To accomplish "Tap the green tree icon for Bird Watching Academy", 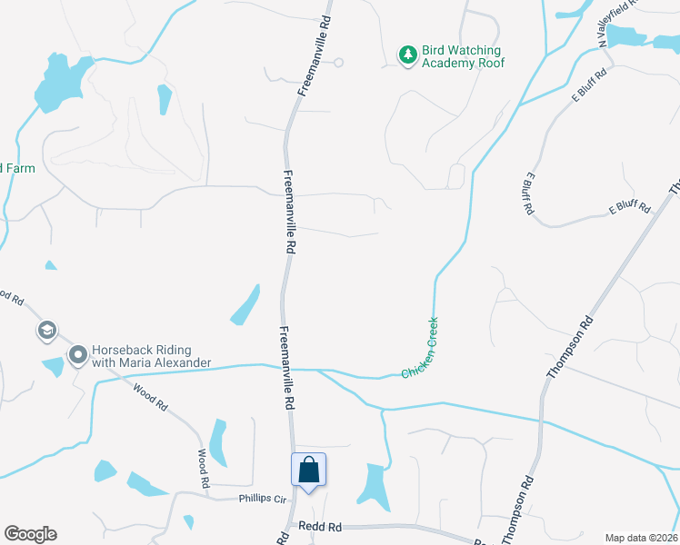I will pyautogui.click(x=408, y=55).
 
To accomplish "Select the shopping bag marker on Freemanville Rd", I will pyautogui.click(x=308, y=471).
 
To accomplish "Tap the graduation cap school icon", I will pyautogui.click(x=46, y=331).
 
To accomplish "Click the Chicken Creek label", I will pyautogui.click(x=421, y=348).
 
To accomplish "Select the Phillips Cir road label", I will pyautogui.click(x=263, y=499).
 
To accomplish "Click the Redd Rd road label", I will pyautogui.click(x=322, y=527).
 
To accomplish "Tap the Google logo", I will pyautogui.click(x=30, y=534).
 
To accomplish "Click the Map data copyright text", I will pyautogui.click(x=641, y=538).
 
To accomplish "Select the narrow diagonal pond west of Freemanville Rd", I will pyautogui.click(x=245, y=305).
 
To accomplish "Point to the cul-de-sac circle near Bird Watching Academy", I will pyautogui.click(x=338, y=63).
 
